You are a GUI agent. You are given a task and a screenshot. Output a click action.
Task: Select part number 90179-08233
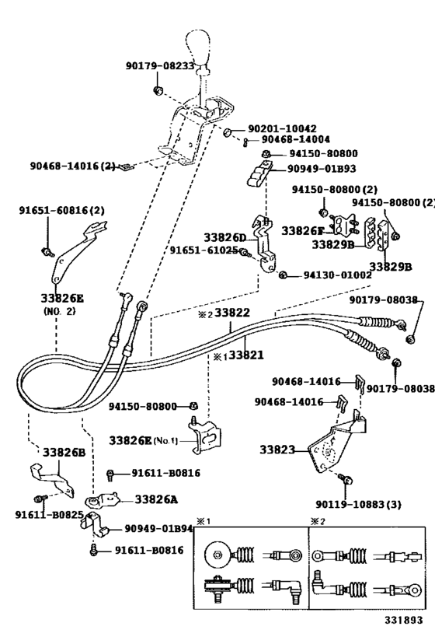pos(159,67)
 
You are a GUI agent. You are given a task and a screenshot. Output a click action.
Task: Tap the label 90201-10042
pos(282,128)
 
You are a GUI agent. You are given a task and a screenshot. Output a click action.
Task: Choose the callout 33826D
pos(224,236)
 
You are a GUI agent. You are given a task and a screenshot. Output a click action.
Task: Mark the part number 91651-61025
pos(204,250)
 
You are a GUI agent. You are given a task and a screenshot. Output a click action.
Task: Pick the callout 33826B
pos(64,452)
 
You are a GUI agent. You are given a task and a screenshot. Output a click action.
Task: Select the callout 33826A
pos(156,499)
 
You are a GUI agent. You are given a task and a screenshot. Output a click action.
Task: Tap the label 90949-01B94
pos(157,529)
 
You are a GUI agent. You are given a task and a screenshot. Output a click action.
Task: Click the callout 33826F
pos(302,230)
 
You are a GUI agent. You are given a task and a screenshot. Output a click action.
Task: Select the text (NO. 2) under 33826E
pos(59,310)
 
